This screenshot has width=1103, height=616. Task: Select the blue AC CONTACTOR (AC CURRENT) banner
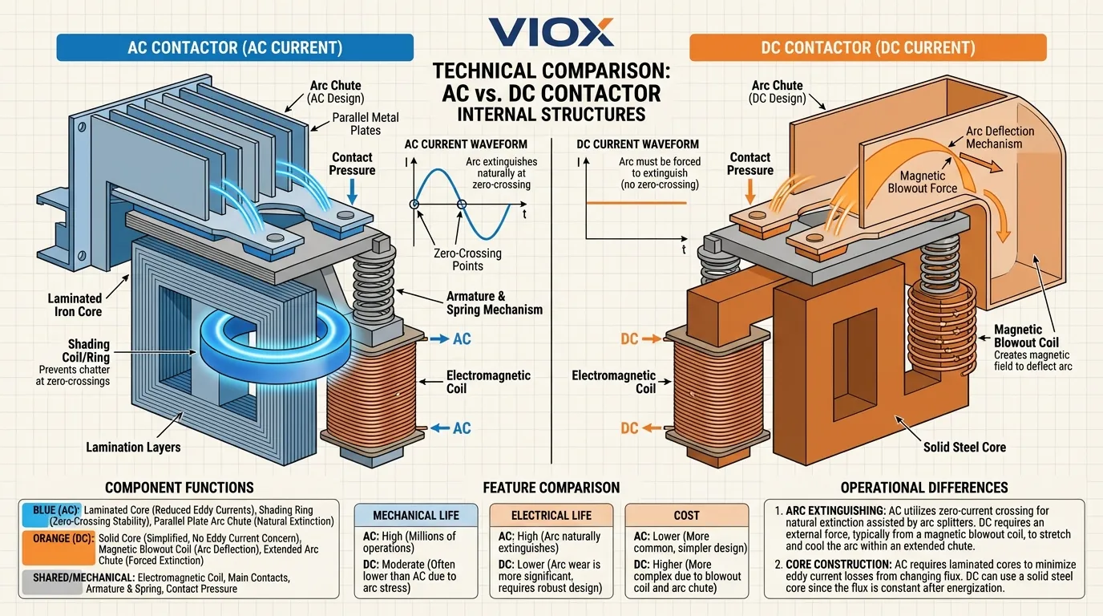[x=235, y=47]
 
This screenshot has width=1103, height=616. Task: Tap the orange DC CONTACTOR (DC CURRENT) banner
[x=867, y=47]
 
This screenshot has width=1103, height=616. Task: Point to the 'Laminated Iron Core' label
[x=75, y=305]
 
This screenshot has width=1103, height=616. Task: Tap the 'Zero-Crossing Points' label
[x=467, y=259]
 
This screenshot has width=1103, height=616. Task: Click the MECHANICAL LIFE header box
[x=416, y=516]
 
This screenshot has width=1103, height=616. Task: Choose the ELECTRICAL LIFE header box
[x=551, y=516]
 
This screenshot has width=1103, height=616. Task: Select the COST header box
[x=686, y=516]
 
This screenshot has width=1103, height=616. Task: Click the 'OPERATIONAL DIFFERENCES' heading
[x=924, y=488]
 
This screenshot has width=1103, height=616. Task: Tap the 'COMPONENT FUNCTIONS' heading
[x=180, y=488]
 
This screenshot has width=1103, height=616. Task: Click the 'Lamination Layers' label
[x=133, y=447]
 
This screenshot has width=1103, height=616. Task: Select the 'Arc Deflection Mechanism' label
[x=1000, y=137]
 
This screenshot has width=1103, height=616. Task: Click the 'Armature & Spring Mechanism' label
[x=494, y=303]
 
